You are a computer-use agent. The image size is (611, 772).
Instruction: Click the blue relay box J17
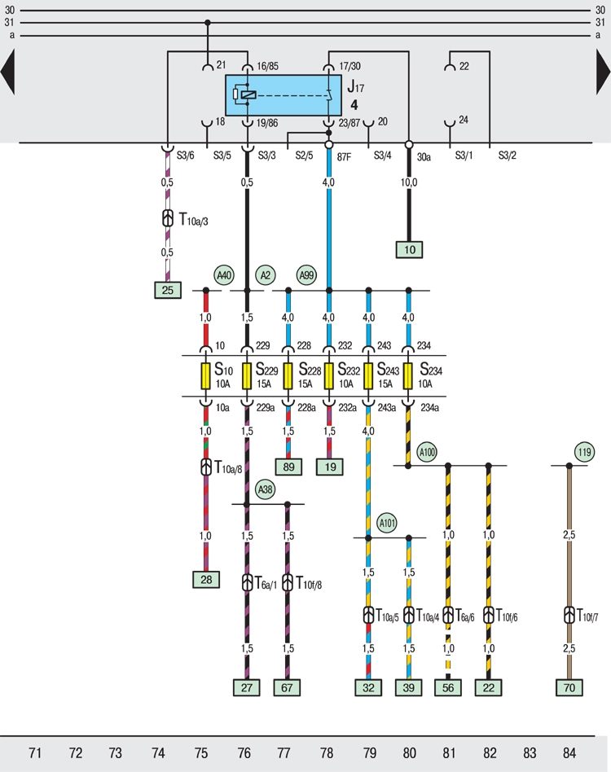pyautogui.click(x=284, y=95)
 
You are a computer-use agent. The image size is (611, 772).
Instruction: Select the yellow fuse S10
pyautogui.click(x=206, y=376)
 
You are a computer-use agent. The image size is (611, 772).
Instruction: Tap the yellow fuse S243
pyautogui.click(x=368, y=376)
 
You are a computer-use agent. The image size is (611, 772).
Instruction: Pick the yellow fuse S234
pyautogui.click(x=407, y=376)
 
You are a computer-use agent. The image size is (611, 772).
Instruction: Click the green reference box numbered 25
pyautogui.click(x=168, y=290)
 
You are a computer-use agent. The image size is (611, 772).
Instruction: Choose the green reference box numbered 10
pyautogui.click(x=410, y=250)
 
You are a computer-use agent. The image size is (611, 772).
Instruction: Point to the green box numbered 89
pyautogui.click(x=288, y=467)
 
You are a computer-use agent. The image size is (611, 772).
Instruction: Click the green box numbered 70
pyautogui.click(x=569, y=688)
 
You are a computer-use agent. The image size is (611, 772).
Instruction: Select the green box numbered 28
pyautogui.click(x=206, y=580)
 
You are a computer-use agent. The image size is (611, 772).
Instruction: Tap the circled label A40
pyautogui.click(x=225, y=275)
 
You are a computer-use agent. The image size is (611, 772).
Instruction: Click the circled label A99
pyautogui.click(x=307, y=275)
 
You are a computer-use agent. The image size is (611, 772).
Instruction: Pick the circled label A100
pyautogui.click(x=427, y=452)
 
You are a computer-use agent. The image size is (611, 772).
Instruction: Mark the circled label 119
pyautogui.click(x=584, y=452)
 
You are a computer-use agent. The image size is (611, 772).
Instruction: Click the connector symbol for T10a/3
pyautogui.click(x=168, y=218)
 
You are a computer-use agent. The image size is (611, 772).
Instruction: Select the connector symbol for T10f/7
pyautogui.click(x=569, y=615)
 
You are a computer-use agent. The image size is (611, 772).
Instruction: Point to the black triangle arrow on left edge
pyautogui.click(x=8, y=72)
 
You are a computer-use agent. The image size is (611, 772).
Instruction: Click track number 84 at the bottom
pyautogui.click(x=569, y=752)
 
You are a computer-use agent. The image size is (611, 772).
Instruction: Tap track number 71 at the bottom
pyautogui.click(x=35, y=752)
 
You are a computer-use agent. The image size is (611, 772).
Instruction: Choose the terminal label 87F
pyautogui.click(x=344, y=156)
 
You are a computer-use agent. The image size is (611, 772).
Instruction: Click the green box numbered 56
pyautogui.click(x=448, y=688)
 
